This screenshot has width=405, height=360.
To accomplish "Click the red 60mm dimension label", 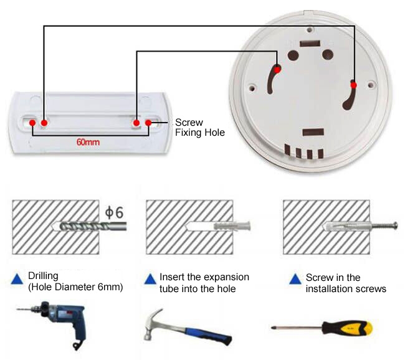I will (88, 142).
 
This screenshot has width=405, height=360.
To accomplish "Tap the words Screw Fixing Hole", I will (199, 128).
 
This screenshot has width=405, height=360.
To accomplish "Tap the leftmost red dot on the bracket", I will (32, 123).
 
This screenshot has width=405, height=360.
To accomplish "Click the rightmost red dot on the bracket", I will (148, 123).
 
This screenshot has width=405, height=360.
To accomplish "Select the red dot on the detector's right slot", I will (353, 84).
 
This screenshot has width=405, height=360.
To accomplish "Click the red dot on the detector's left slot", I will (278, 69).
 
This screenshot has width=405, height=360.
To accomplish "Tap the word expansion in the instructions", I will (227, 277).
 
